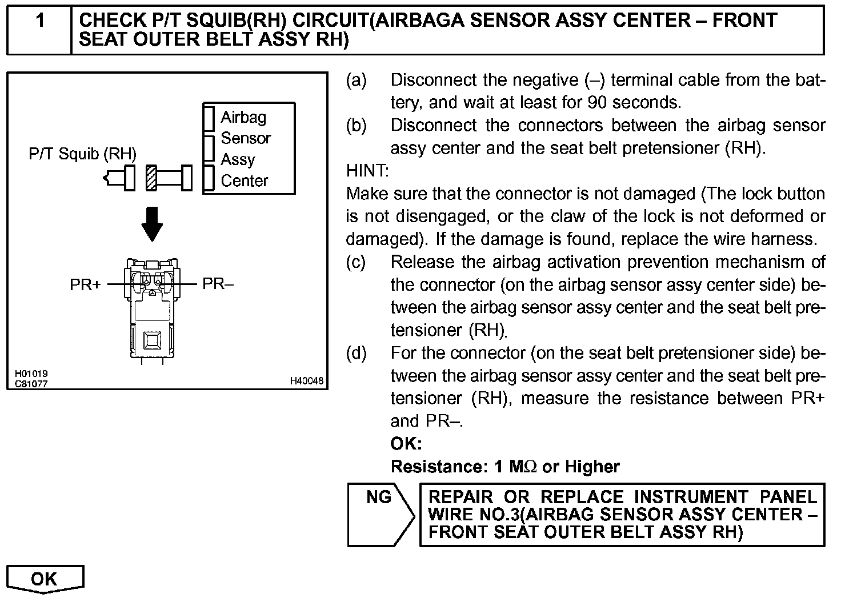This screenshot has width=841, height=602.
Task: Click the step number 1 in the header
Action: coord(40,21)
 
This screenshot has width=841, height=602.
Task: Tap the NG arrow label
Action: coord(379,497)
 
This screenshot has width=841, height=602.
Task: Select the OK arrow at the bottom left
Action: coord(44,579)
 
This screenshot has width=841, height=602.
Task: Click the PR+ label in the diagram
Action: coord(85,284)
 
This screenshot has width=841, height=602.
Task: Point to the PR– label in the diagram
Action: coord(218,284)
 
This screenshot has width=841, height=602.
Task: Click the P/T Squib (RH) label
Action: coord(83,154)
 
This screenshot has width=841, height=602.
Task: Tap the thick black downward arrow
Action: coord(152,223)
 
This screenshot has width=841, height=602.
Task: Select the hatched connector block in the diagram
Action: coord(151,178)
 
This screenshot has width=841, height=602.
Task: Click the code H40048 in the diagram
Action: coord(306,381)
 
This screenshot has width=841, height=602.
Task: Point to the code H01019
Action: coord(31,374)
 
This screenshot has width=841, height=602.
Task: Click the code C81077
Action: coord(31,384)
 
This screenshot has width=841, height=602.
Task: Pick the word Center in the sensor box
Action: coord(245,181)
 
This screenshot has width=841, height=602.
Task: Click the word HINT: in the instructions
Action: coord(367,171)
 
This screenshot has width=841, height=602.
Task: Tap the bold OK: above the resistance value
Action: coord(406,444)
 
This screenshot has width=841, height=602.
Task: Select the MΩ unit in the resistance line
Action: coord(523,467)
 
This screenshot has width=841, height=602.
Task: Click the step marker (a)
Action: coord(356,80)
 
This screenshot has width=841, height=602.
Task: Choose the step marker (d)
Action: coord(356,353)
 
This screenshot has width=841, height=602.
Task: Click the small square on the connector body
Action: coord(152,341)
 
